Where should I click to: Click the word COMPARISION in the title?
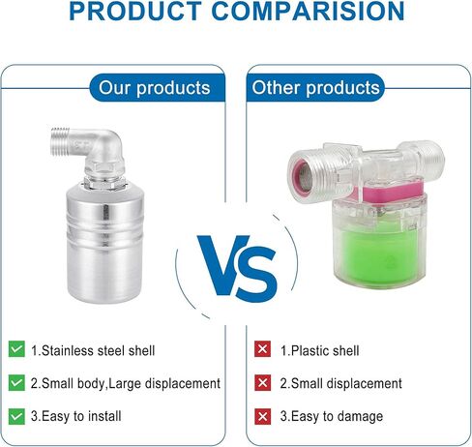tap(308, 12)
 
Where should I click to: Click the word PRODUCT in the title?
tap(135, 12)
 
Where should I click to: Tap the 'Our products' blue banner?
tap(157, 88)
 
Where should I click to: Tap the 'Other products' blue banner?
tap(315, 88)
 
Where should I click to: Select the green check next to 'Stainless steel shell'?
tap(16, 349)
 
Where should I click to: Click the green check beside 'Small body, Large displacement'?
tap(16, 382)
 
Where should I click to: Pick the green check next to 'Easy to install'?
tap(16, 416)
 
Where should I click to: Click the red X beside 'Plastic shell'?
tap(262, 349)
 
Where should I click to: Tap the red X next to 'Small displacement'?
tap(262, 382)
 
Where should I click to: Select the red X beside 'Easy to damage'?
tap(262, 416)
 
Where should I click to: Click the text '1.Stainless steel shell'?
tap(93, 350)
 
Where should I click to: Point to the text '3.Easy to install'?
tap(76, 416)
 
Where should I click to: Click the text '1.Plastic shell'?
tap(319, 350)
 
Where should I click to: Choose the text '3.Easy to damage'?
tap(332, 416)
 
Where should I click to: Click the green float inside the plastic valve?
tap(379, 252)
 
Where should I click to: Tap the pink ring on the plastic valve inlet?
tap(302, 176)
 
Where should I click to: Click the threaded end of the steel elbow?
tap(60, 140)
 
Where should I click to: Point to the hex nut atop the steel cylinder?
tap(104, 183)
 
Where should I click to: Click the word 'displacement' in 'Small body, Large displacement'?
tap(183, 384)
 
